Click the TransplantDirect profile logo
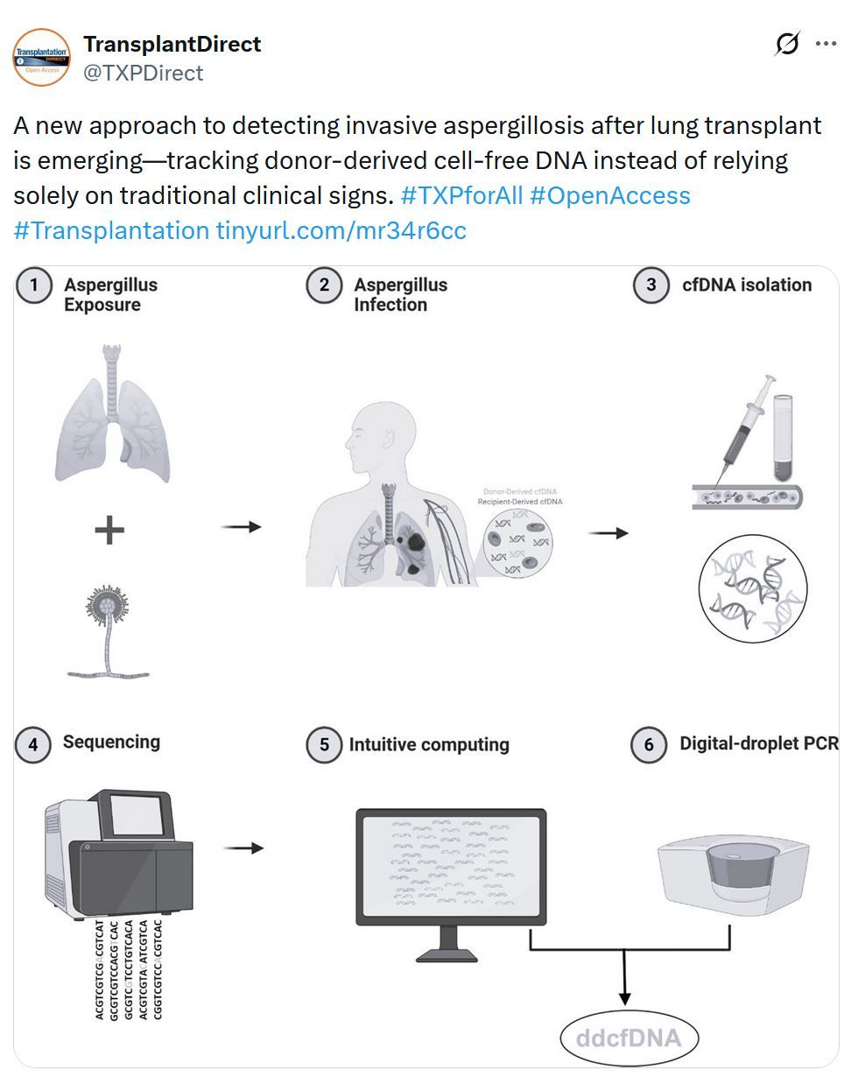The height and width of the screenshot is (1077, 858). pyautogui.click(x=41, y=57)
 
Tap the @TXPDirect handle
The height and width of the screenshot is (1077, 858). pyautogui.click(x=143, y=73)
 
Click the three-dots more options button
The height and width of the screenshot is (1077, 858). pyautogui.click(x=826, y=44)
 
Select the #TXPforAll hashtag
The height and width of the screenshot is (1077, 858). pyautogui.click(x=461, y=195)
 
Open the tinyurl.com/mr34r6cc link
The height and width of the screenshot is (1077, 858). pyautogui.click(x=341, y=230)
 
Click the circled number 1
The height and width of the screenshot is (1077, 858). pyautogui.click(x=34, y=286)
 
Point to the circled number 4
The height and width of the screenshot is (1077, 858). pyautogui.click(x=32, y=744)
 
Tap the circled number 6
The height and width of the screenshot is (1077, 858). pyautogui.click(x=649, y=745)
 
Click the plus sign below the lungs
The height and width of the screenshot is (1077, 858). pyautogui.click(x=109, y=531)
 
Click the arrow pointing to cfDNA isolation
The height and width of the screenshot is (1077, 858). pyautogui.click(x=608, y=532)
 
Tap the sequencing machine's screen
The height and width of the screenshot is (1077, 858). pyautogui.click(x=136, y=815)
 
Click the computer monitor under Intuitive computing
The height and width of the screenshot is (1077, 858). pyautogui.click(x=450, y=866)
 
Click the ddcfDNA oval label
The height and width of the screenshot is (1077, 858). pyautogui.click(x=629, y=1038)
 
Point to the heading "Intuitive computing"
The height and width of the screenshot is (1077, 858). pyautogui.click(x=428, y=745)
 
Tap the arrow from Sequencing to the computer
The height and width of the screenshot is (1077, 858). pyautogui.click(x=243, y=848)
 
